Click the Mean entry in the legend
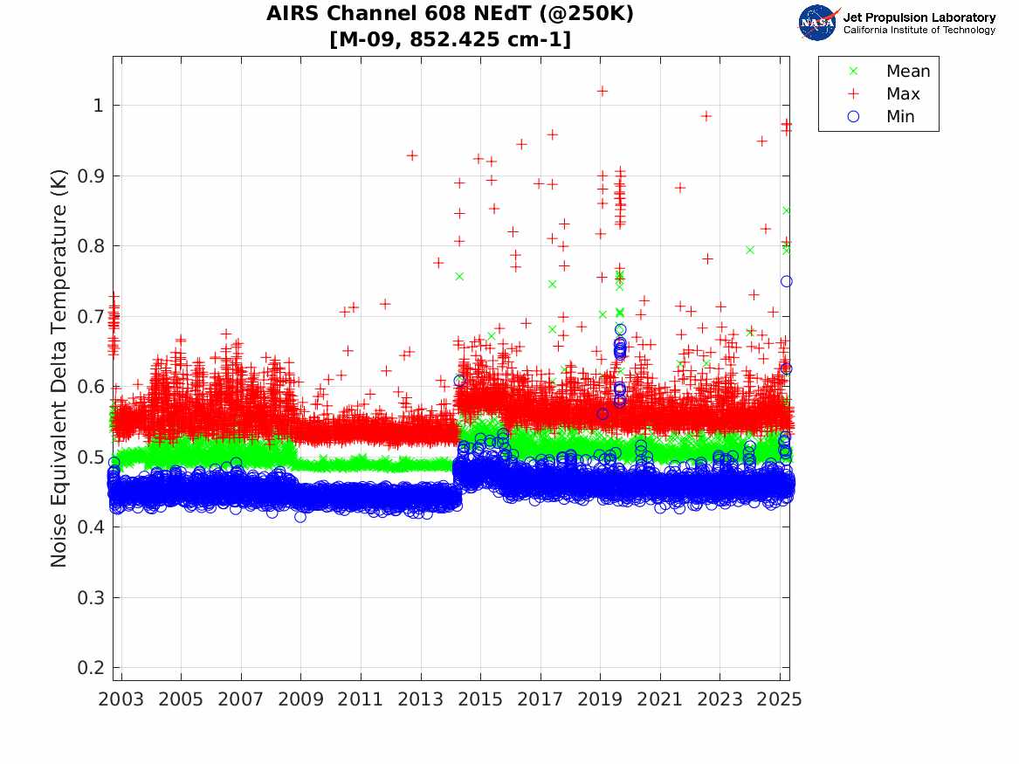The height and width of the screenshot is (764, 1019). pyautogui.click(x=907, y=72)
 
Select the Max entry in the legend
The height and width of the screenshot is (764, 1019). pyautogui.click(x=902, y=94)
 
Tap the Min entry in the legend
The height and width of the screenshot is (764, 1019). pyautogui.click(x=900, y=117)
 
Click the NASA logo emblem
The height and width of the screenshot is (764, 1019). pyautogui.click(x=817, y=23)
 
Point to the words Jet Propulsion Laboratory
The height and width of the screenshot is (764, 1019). pyautogui.click(x=919, y=17)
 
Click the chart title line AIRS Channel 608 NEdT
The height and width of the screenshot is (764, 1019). pyautogui.click(x=451, y=14)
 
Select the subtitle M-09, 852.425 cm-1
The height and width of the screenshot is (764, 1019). pyautogui.click(x=451, y=39)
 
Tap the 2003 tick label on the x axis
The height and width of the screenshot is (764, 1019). pyautogui.click(x=121, y=699)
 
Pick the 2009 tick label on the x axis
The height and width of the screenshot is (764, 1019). pyautogui.click(x=301, y=699)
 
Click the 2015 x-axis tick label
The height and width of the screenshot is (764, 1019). pyautogui.click(x=480, y=699)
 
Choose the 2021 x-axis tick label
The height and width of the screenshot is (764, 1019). pyautogui.click(x=660, y=699)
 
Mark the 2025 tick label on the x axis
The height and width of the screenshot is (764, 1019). pyautogui.click(x=780, y=699)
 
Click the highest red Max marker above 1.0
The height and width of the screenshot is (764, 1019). pyautogui.click(x=602, y=91)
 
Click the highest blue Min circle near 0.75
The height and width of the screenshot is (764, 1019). pyautogui.click(x=786, y=281)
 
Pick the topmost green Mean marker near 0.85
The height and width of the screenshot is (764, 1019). pyautogui.click(x=787, y=210)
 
